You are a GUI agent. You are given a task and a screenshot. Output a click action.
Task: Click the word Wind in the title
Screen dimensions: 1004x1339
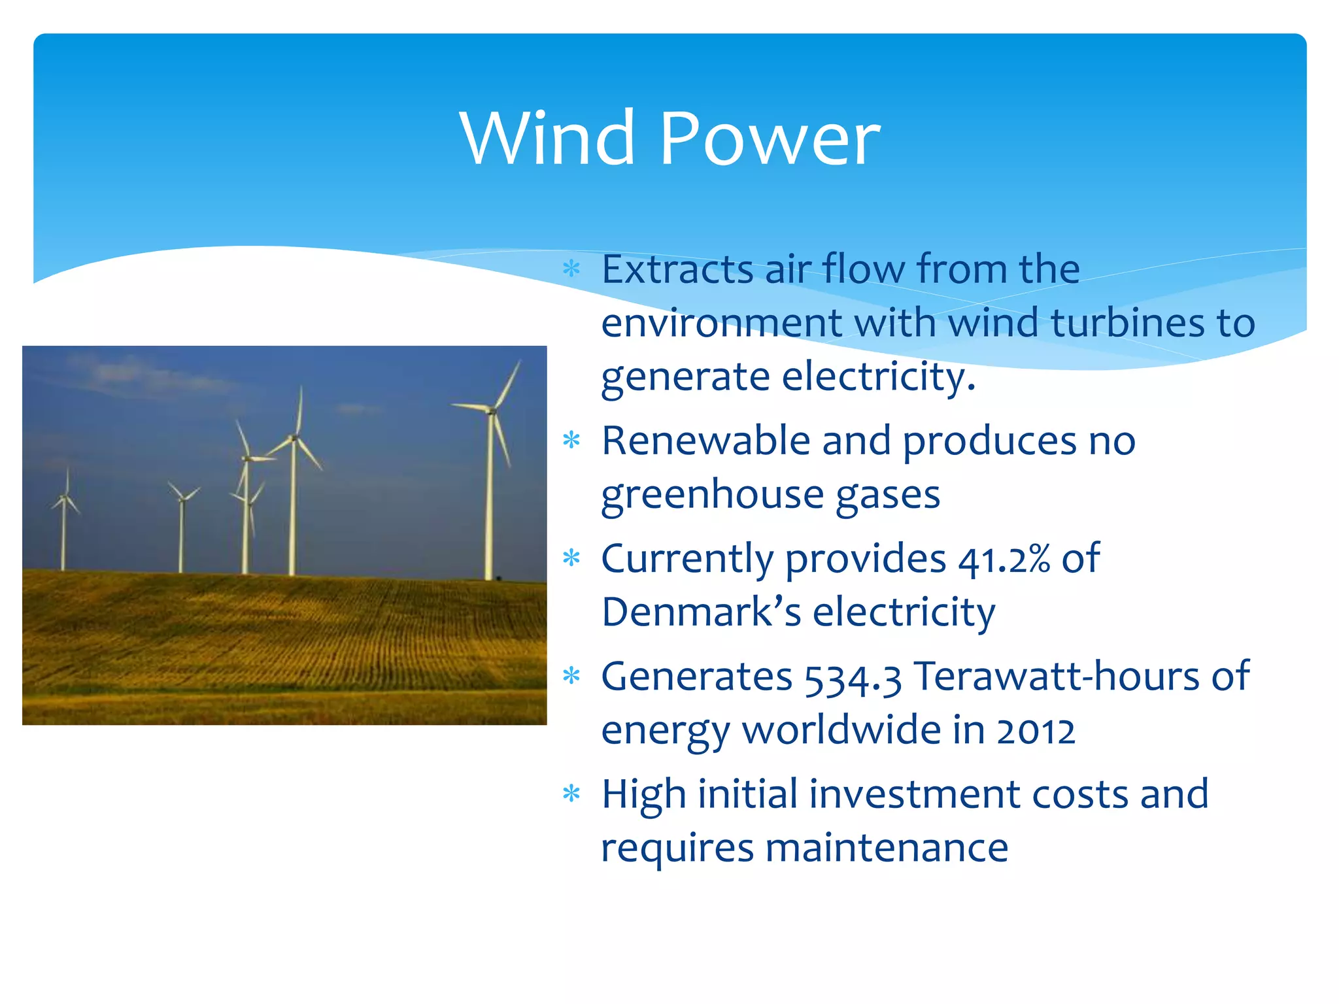coord(547,138)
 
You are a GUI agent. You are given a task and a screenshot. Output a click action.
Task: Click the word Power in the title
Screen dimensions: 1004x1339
coord(770,138)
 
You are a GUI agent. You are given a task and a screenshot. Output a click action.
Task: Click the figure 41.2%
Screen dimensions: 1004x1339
coord(1004,560)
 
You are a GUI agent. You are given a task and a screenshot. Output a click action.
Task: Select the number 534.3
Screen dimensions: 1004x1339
coord(853,678)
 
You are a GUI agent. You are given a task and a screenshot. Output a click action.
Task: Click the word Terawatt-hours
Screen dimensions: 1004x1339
coord(1056,677)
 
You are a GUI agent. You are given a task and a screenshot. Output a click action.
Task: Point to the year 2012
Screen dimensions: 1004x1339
coord(1036,731)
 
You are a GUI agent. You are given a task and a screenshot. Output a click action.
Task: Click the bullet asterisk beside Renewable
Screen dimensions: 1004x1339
coord(571,441)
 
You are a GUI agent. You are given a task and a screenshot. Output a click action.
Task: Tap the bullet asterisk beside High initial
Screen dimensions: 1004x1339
coord(571,794)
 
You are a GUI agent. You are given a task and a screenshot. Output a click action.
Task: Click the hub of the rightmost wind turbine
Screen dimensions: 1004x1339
coord(492,410)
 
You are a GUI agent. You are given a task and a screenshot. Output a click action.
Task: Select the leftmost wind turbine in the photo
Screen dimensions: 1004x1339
coord(64,523)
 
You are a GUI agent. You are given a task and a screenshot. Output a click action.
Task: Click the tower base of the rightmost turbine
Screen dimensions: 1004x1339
coord(488,575)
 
